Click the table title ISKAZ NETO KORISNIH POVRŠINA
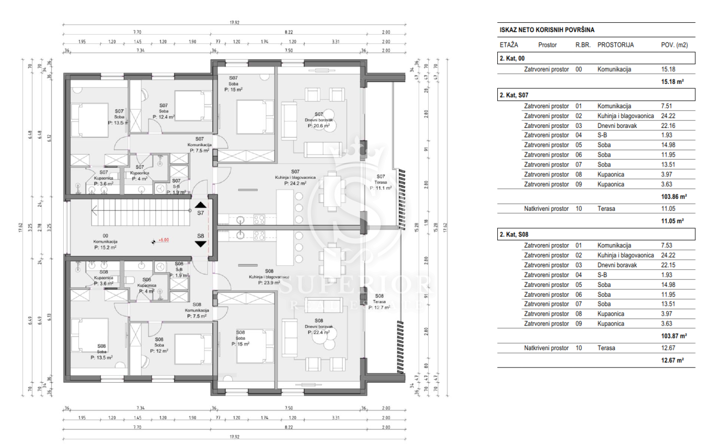click(x=547, y=30)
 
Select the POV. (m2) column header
click(x=674, y=45)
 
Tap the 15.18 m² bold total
click(x=672, y=81)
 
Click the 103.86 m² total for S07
click(x=674, y=197)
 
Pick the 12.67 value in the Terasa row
click(x=668, y=348)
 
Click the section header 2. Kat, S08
click(x=514, y=235)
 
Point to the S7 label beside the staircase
click(x=200, y=213)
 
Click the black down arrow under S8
click(x=200, y=244)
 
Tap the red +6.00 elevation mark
click(x=163, y=240)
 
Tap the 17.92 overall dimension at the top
click(x=234, y=23)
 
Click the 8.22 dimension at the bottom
click(x=288, y=427)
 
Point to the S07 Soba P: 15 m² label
click(x=233, y=84)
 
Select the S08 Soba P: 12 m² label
click(x=159, y=345)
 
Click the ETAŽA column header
click(x=509, y=45)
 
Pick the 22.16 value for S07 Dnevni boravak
click(x=668, y=126)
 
